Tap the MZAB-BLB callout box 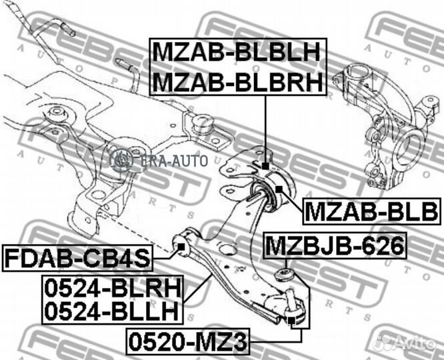pyautogui.click(x=371, y=212)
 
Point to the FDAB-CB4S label pyautogui.click(x=78, y=256)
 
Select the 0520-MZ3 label pyautogui.click(x=187, y=343)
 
